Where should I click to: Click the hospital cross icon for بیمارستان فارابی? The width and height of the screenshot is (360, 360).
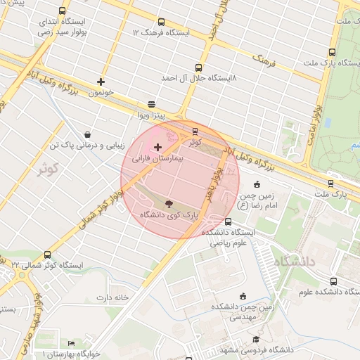157,148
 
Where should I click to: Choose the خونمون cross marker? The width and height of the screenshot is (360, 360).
101,82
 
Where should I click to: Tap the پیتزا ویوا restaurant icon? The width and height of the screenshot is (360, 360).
152,103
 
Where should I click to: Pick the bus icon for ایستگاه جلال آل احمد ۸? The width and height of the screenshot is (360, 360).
200,68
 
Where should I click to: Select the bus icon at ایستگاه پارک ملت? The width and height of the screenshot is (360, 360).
331,52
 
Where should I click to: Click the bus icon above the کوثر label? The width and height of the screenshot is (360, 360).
195,131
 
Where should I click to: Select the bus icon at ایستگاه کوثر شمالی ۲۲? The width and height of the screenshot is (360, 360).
48,255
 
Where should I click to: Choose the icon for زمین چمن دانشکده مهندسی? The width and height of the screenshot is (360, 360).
243,296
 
